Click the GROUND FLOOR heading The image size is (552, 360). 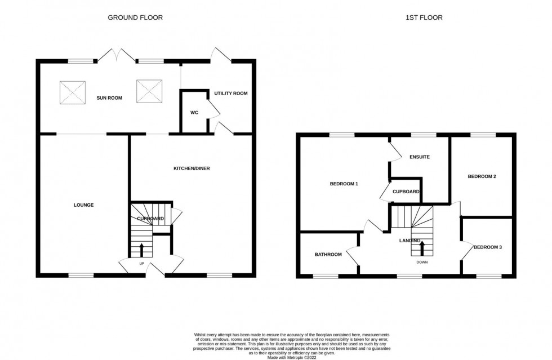pos(135,17)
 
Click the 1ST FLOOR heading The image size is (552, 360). pos(424,17)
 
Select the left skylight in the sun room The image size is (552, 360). pos(73,91)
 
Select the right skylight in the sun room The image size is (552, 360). pos(149,91)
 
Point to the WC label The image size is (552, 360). pos(194,113)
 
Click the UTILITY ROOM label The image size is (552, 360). pos(230,93)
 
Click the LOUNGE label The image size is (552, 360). pos(83,205)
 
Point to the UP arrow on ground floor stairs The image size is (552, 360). pos(141,250)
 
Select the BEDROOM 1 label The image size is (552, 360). pos(344,184)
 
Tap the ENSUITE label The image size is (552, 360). pos(420,157)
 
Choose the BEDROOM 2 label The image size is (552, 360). pos(482,176)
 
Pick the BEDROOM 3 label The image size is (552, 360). pos(487,247)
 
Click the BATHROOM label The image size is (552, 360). pos(328,254)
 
